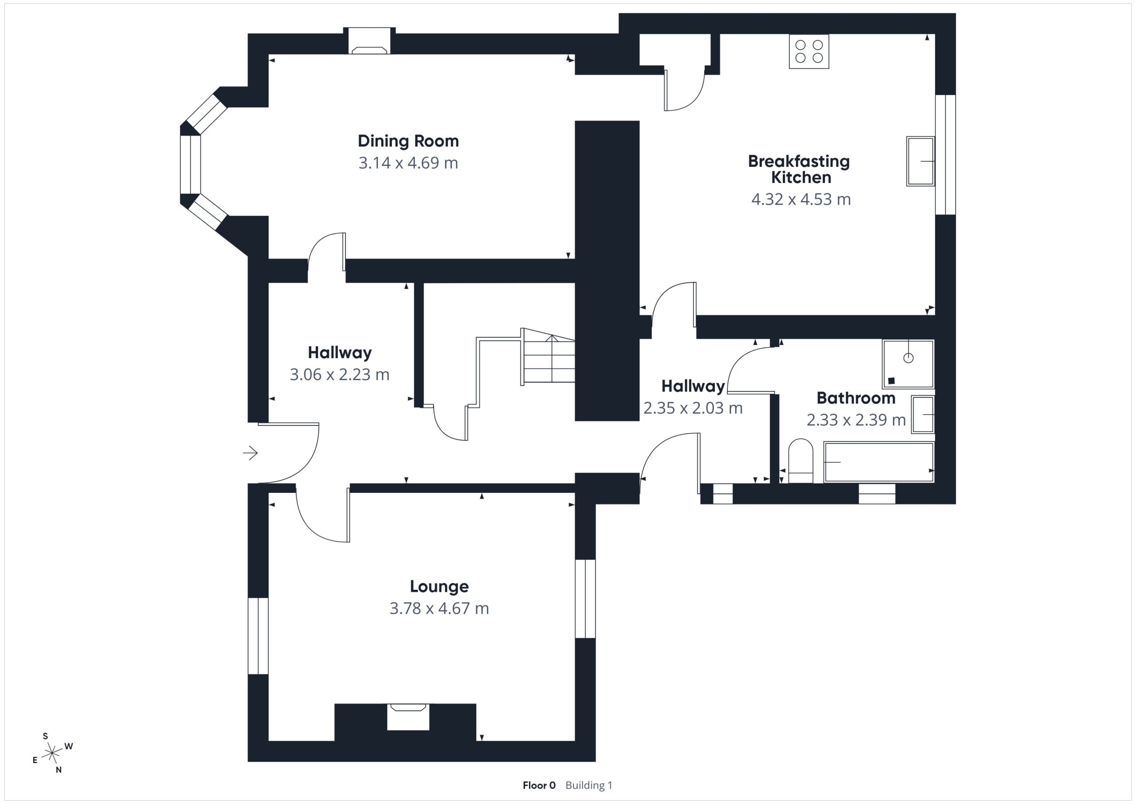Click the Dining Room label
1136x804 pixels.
pyautogui.click(x=408, y=141)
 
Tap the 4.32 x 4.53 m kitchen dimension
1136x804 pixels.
pyautogui.click(x=801, y=199)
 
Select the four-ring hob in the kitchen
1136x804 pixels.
pyautogui.click(x=809, y=51)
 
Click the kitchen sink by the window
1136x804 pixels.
pyautogui.click(x=920, y=162)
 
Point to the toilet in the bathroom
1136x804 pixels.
pyautogui.click(x=801, y=460)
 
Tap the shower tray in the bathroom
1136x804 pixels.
pyautogui.click(x=908, y=364)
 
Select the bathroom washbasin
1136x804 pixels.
pyautogui.click(x=923, y=414)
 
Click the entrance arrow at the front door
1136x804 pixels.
pyautogui.click(x=250, y=452)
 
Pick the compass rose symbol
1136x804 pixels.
pyautogui.click(x=52, y=753)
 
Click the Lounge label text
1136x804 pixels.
pyautogui.click(x=439, y=586)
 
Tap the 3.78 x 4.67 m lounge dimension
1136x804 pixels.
pyautogui.click(x=439, y=608)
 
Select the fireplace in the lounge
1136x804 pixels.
pyautogui.click(x=408, y=717)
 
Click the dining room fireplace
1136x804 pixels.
pyautogui.click(x=370, y=40)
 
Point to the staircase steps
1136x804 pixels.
pyautogui.click(x=548, y=357)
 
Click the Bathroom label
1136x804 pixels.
pyautogui.click(x=856, y=398)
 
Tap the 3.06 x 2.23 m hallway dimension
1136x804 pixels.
pyautogui.click(x=339, y=374)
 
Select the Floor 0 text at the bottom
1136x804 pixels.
pyautogui.click(x=539, y=785)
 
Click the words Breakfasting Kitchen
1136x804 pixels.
pyautogui.click(x=799, y=169)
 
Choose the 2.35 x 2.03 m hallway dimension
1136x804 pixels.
pyautogui.click(x=693, y=408)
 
